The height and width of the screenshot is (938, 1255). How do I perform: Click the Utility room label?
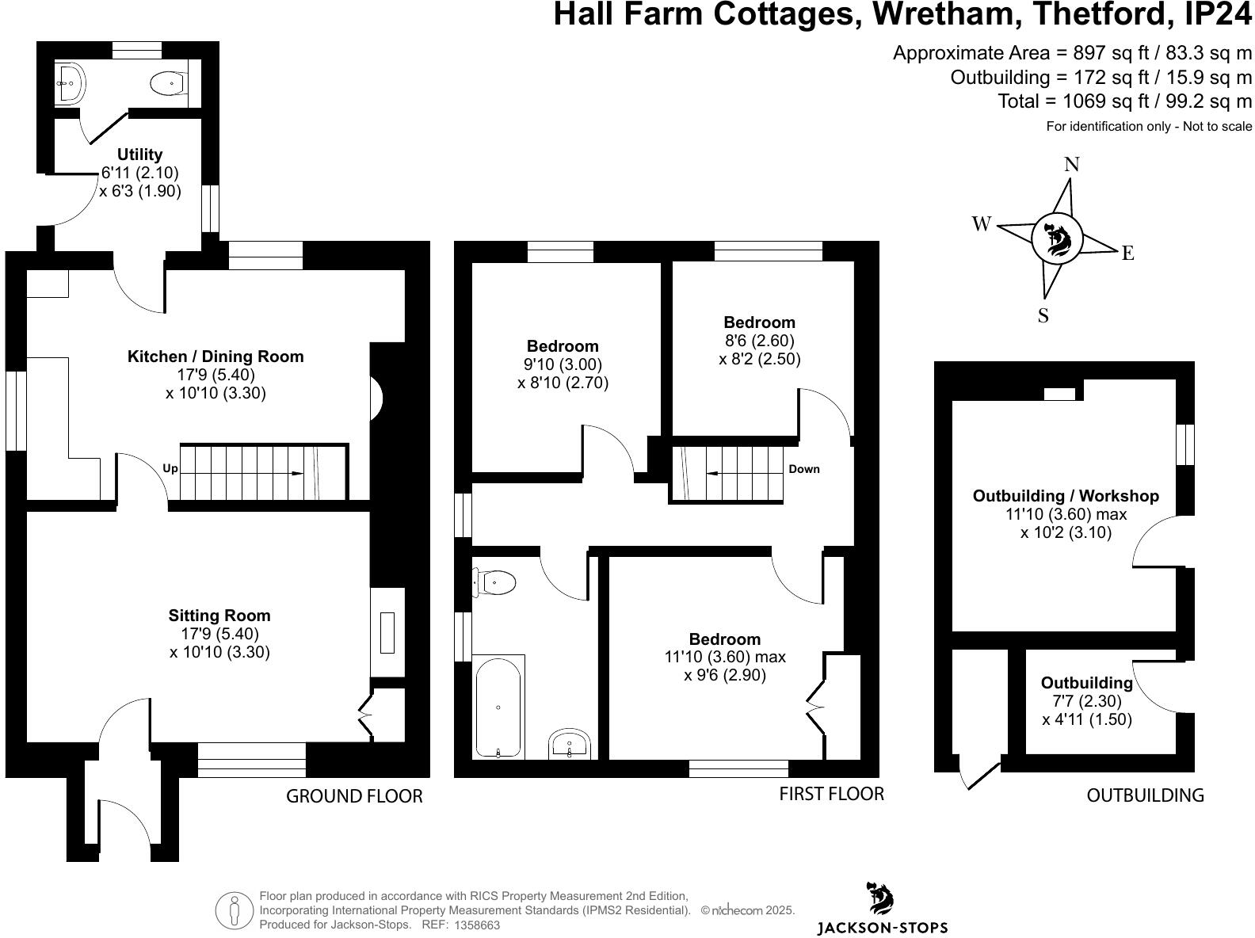click(139, 154)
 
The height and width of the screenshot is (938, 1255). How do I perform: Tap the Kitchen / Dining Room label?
click(216, 357)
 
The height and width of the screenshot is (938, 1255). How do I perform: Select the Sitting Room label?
click(219, 616)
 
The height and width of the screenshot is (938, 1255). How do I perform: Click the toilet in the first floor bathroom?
click(497, 582)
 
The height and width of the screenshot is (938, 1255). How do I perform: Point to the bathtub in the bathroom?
click(498, 707)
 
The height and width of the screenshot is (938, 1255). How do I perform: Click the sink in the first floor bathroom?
click(569, 744)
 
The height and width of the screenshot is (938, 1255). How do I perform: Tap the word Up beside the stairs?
click(170, 469)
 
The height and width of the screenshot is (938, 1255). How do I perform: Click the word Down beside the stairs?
click(803, 469)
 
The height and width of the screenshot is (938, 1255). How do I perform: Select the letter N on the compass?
click(1071, 165)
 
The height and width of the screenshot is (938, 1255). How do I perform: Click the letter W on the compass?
click(982, 224)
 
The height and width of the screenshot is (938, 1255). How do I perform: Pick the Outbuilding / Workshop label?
click(1066, 496)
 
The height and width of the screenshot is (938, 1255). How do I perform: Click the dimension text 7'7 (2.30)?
click(1087, 701)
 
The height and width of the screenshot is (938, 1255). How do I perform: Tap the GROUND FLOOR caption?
click(354, 796)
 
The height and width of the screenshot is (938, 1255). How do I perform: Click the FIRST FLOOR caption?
click(831, 794)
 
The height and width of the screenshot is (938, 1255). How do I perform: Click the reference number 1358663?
click(476, 925)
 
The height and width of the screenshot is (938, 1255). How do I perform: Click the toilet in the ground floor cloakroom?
click(166, 82)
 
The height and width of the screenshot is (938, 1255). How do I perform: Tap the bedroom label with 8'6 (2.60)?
click(759, 322)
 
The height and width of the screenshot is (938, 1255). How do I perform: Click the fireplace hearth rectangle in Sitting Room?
click(387, 632)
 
